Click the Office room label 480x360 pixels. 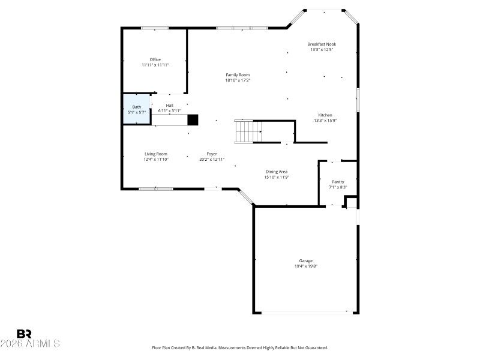click(155, 59)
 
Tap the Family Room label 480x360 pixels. click(238, 75)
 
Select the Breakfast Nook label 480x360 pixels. click(322, 44)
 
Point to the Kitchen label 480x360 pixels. click(325, 115)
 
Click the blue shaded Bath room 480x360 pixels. click(137, 109)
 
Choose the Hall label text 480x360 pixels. click(169, 106)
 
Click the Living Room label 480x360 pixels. click(155, 154)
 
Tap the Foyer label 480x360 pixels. click(212, 154)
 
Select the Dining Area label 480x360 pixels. click(277, 172)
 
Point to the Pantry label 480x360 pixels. click(338, 182)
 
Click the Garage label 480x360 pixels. click(306, 260)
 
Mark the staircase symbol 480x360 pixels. click(248, 131)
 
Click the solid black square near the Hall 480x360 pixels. click(193, 119)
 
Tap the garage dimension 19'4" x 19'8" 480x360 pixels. click(306, 266)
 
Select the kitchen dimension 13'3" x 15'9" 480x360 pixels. click(325, 121)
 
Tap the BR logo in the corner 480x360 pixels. click(24, 333)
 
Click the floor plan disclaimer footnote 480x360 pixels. click(239, 347)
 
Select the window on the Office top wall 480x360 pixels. click(155, 28)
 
